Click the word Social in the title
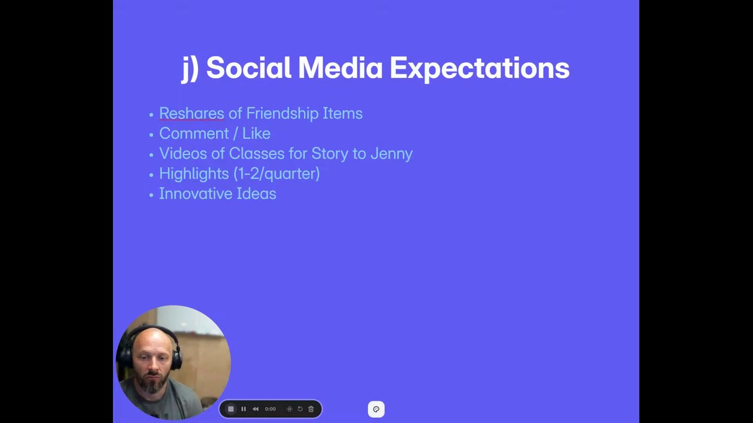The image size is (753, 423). (x=248, y=68)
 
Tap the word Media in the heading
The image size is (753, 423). (x=340, y=68)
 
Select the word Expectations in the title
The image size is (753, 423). (x=479, y=69)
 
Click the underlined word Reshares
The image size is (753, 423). (x=192, y=113)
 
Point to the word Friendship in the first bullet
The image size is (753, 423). (x=282, y=114)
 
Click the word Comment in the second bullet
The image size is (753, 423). (x=194, y=133)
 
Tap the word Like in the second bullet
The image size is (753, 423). (x=256, y=133)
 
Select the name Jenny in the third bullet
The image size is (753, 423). (x=392, y=154)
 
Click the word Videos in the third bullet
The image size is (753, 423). (x=183, y=153)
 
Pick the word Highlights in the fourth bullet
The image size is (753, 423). (x=194, y=174)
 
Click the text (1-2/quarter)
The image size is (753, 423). (x=276, y=174)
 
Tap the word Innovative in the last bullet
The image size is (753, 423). (x=196, y=194)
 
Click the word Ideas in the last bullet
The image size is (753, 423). (x=256, y=194)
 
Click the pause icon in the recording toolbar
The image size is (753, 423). (x=244, y=409)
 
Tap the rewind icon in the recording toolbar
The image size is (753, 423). (x=255, y=409)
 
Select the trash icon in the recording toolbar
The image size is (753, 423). (x=311, y=409)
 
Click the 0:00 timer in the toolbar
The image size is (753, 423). (x=270, y=409)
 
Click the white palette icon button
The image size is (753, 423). (x=376, y=409)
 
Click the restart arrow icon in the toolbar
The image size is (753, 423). (x=300, y=409)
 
